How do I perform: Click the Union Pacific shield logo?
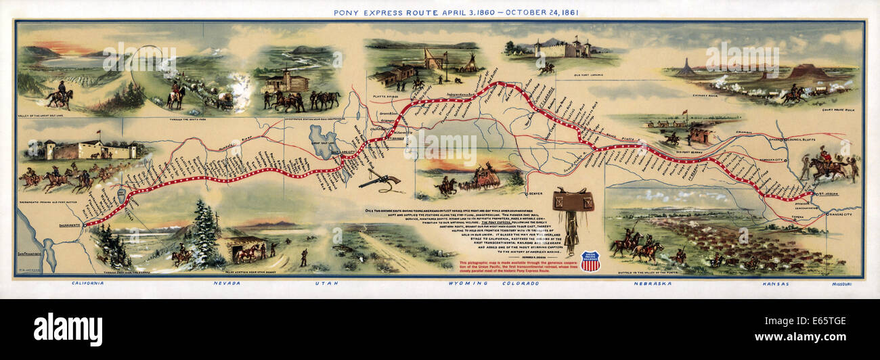(x=590, y=261)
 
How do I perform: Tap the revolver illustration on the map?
(x=379, y=180)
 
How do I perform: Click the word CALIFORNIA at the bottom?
(x=87, y=283)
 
